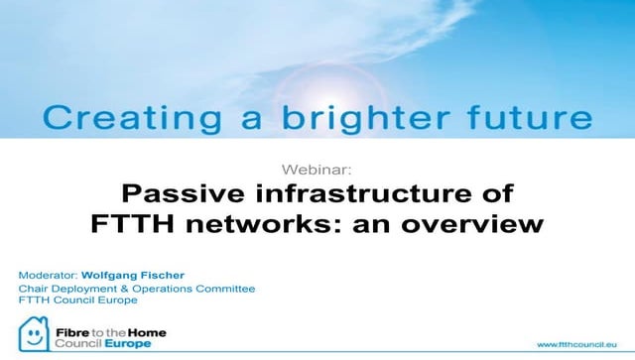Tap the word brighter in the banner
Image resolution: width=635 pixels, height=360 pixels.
tap(335, 119)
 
